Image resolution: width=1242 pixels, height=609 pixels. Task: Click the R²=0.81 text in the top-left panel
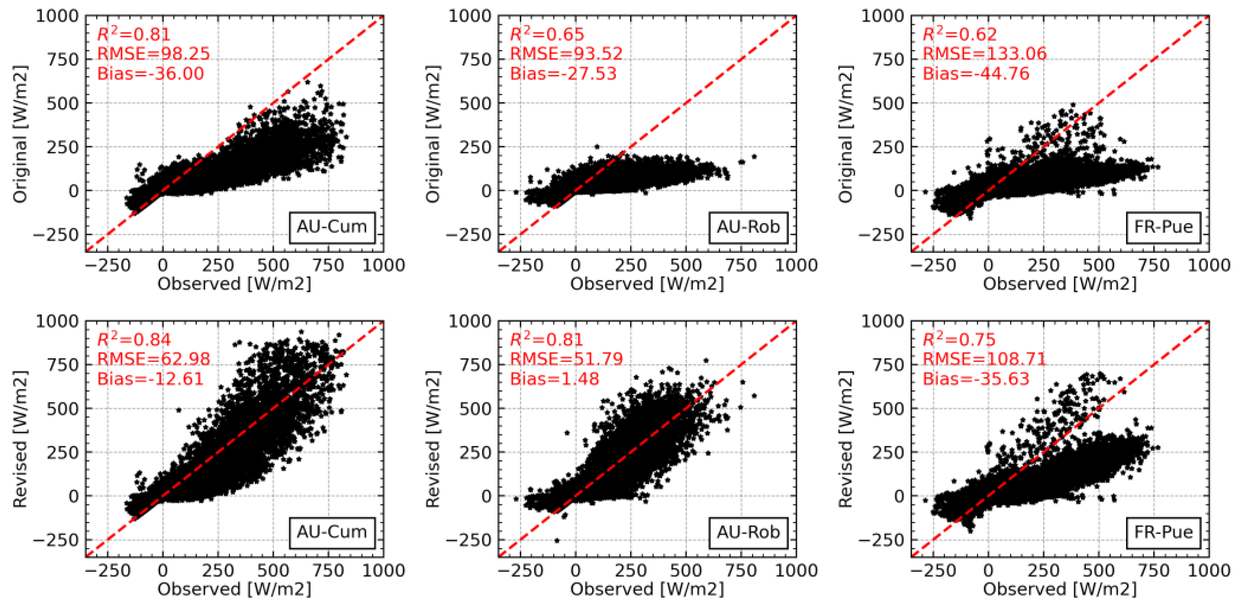click(x=134, y=34)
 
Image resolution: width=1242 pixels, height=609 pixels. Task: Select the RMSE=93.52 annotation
click(x=566, y=54)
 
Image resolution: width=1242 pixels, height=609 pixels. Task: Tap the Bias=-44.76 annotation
click(x=976, y=74)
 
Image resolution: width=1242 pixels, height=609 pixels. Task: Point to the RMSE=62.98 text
click(x=153, y=359)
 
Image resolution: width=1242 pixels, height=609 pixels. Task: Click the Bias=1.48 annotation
click(x=554, y=379)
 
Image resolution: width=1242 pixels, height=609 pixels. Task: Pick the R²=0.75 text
click(x=959, y=340)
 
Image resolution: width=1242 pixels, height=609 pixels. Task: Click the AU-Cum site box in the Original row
click(x=332, y=227)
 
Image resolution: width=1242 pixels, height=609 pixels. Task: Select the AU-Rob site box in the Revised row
click(x=748, y=532)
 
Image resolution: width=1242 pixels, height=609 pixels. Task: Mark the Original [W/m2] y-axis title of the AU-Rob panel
click(x=433, y=134)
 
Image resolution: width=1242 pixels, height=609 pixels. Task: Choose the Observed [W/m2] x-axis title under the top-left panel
click(x=234, y=284)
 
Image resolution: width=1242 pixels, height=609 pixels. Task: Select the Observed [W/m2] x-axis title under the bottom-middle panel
click(x=647, y=589)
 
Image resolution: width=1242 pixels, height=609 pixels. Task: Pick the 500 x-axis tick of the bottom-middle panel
click(x=686, y=571)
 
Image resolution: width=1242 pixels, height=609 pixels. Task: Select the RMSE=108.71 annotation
click(x=985, y=359)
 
